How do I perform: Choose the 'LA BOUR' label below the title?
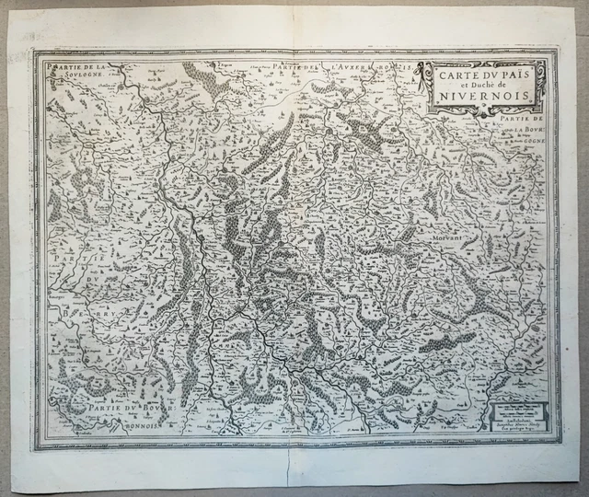[529, 131]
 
